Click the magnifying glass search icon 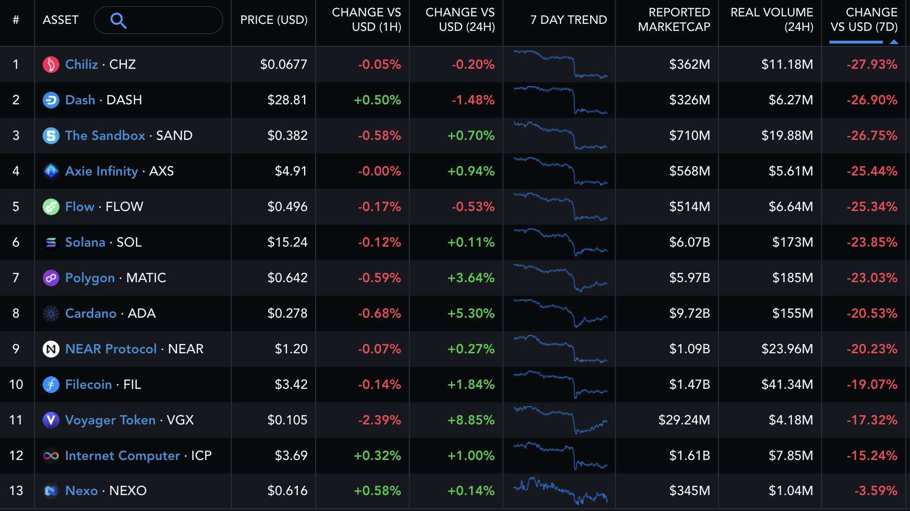click(x=118, y=21)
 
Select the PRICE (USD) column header click(x=274, y=20)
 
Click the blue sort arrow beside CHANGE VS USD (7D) click(x=894, y=42)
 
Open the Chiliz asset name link click(x=81, y=64)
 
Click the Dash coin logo click(x=51, y=100)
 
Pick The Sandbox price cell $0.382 click(x=287, y=136)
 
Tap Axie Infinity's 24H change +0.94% click(x=471, y=171)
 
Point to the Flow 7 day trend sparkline click(x=560, y=207)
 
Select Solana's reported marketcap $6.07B click(x=689, y=242)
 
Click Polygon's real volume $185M click(x=792, y=278)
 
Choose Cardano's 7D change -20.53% click(x=872, y=314)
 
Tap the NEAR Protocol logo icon click(x=51, y=349)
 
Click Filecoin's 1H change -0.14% click(x=379, y=385)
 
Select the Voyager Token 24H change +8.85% click(x=471, y=420)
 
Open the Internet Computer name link click(x=122, y=456)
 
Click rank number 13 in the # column click(x=16, y=491)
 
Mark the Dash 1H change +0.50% click(x=377, y=100)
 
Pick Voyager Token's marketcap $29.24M click(x=684, y=420)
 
